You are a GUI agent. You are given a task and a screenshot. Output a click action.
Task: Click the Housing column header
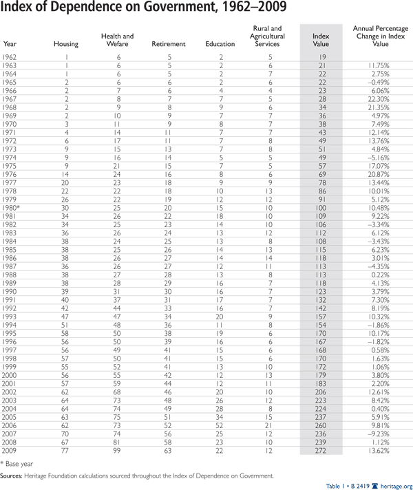click(x=66, y=44)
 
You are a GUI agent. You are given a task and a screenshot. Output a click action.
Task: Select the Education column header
click(x=220, y=44)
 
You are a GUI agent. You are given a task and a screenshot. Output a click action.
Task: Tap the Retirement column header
click(x=168, y=44)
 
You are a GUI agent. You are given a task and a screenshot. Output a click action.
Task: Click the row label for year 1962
click(x=10, y=56)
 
